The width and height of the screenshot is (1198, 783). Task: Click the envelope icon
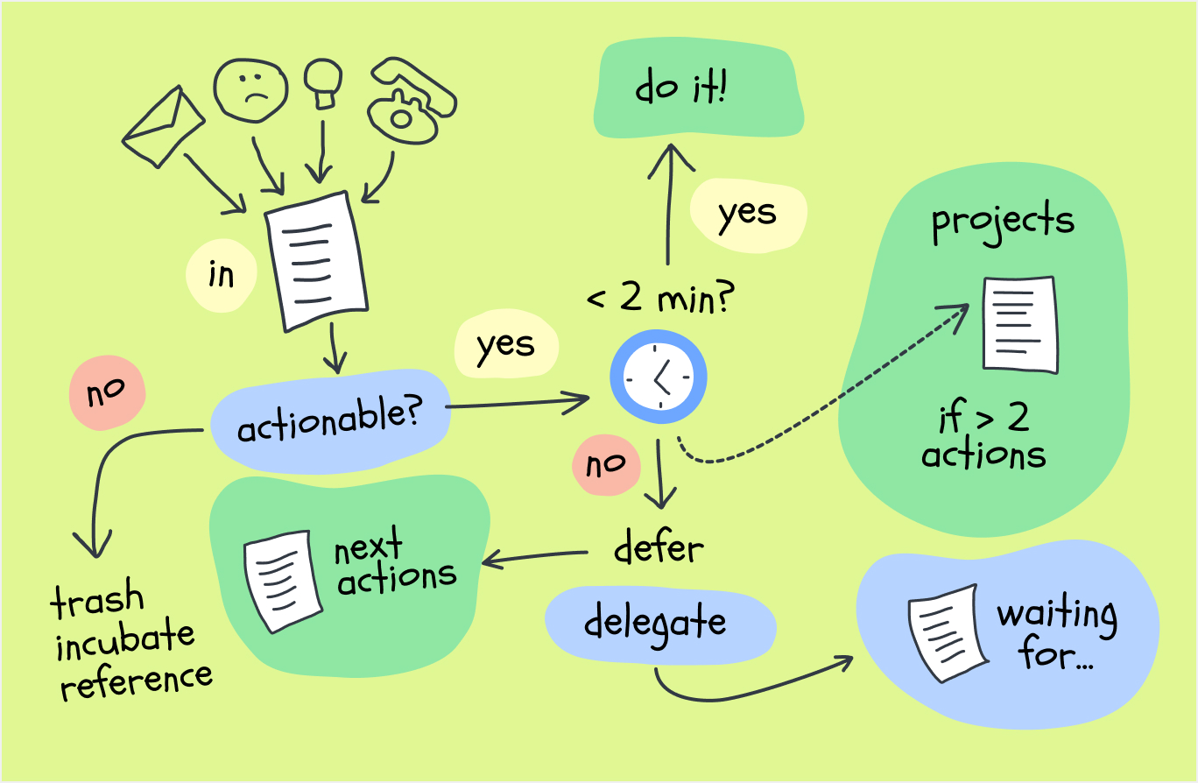pos(163,127)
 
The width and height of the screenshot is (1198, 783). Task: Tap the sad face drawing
pos(250,90)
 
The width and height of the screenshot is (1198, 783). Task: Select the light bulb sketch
pos(323,84)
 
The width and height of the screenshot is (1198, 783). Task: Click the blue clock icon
pos(659,377)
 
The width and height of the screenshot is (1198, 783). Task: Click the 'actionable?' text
pos(330,420)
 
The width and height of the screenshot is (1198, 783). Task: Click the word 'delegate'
pos(655,624)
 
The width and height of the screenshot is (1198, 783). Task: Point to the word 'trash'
pos(97,598)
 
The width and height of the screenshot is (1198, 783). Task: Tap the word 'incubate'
pos(125,638)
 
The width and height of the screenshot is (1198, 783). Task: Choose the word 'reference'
pos(137,681)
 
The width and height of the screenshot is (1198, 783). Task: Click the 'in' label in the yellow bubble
pos(221,275)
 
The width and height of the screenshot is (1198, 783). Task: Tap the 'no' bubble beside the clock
pos(606,465)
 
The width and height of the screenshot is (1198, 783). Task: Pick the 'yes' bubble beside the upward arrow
pos(748,215)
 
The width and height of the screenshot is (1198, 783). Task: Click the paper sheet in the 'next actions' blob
pos(282,582)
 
